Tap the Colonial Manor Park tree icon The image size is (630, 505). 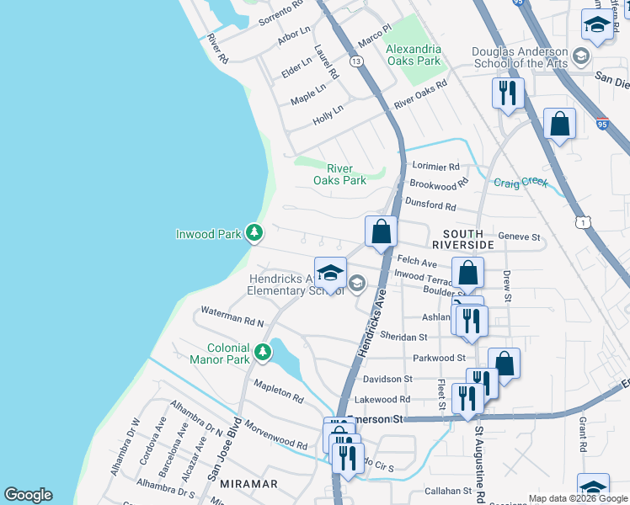pos(263,352)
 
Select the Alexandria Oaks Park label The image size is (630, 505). pos(413,56)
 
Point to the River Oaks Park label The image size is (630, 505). pos(339,174)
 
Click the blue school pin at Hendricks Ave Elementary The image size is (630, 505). pos(330,274)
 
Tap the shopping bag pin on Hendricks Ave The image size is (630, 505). pos(381,231)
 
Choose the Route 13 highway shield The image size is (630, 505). pos(357,62)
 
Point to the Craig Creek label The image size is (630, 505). pos(521,183)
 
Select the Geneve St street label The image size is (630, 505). pos(519,237)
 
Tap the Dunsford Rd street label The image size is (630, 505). pos(430,205)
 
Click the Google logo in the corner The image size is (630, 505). pos(28,495)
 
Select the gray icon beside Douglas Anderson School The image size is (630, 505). pos(579,57)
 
